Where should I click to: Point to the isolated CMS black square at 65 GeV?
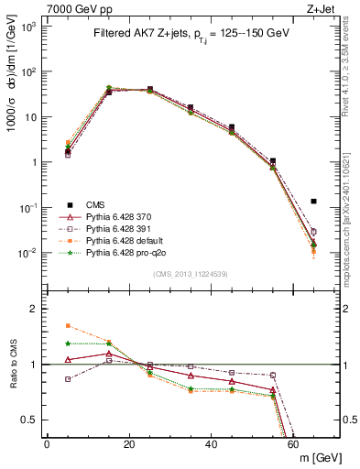click(313, 201)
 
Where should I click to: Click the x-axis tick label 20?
click(129, 444)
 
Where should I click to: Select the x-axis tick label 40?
click(212, 444)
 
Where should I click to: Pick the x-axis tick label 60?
click(293, 444)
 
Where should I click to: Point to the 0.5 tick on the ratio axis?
click(30, 420)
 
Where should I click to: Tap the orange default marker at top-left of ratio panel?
click(68, 325)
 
